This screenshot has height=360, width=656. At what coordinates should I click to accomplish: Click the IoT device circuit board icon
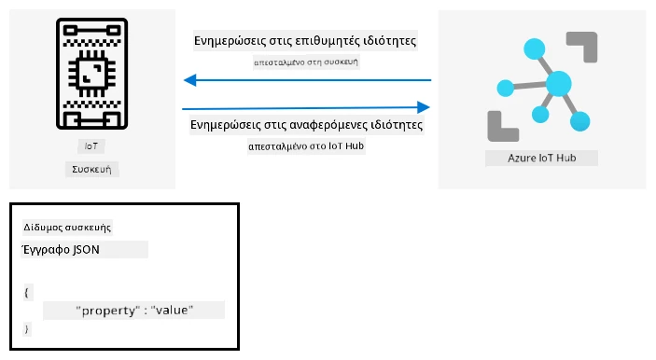click(x=92, y=74)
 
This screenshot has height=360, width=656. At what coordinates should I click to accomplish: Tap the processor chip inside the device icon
click(x=92, y=74)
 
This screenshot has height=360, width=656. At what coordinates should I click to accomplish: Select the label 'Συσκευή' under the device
click(x=91, y=170)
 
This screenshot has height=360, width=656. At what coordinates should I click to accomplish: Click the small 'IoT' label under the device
click(x=91, y=145)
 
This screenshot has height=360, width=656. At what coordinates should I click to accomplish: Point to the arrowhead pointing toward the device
click(x=190, y=80)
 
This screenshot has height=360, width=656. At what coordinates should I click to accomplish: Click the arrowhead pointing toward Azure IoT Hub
click(x=424, y=107)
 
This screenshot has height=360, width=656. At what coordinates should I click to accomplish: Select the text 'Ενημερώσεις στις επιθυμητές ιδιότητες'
click(x=305, y=40)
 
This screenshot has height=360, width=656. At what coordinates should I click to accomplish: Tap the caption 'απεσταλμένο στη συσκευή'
click(x=306, y=62)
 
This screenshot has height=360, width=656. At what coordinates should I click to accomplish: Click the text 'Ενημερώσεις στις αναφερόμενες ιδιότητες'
click(x=306, y=125)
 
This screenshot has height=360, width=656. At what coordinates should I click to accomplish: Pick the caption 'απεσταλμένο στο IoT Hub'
click(x=306, y=145)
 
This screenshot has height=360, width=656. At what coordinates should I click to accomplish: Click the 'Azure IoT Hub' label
click(x=542, y=158)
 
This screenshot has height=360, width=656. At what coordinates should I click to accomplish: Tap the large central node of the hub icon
click(x=559, y=84)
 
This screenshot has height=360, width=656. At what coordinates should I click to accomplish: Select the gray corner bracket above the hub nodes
click(x=582, y=47)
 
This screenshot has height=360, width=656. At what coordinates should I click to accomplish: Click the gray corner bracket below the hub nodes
click(x=503, y=126)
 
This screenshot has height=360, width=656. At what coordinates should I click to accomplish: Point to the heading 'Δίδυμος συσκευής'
click(x=67, y=228)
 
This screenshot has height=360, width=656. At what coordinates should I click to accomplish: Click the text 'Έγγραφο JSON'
click(x=61, y=250)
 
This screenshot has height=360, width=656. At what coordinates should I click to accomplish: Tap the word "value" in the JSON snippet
click(x=172, y=310)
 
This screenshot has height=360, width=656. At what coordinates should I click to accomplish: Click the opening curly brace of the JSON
click(x=27, y=292)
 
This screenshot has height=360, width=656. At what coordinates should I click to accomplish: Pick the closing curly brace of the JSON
click(x=27, y=328)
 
